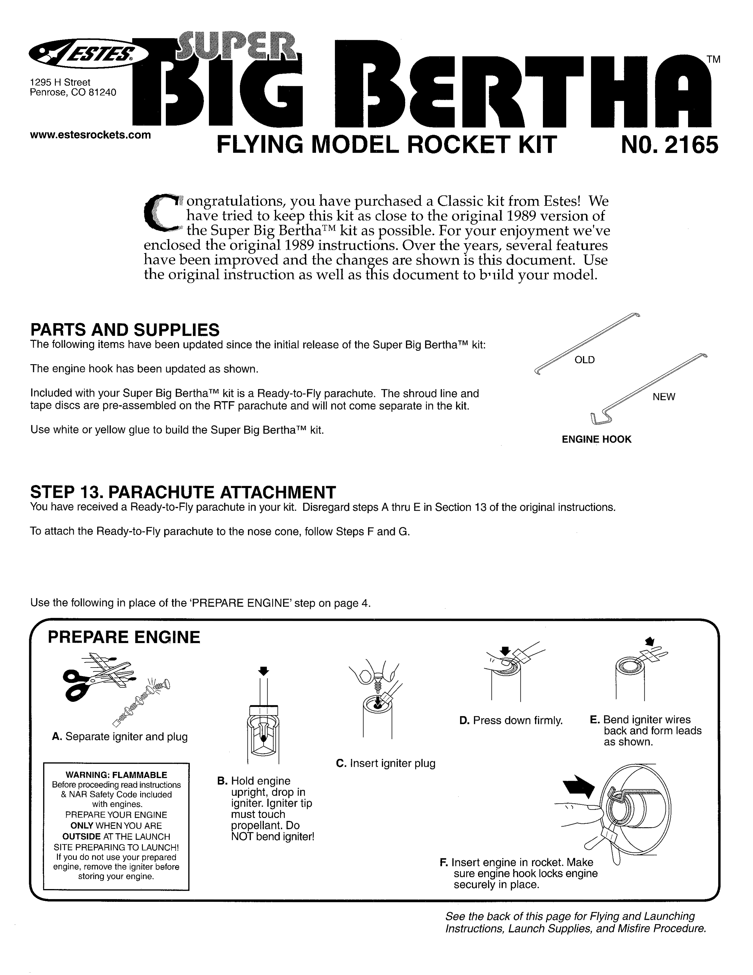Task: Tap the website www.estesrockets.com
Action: click(90, 135)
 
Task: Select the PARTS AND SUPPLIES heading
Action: click(125, 330)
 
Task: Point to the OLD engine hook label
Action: click(585, 360)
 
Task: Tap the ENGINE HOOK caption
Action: click(596, 439)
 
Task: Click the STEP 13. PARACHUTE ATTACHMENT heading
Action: click(183, 492)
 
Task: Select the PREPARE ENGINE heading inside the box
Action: click(124, 637)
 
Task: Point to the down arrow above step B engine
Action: click(264, 670)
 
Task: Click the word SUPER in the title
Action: click(236, 49)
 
